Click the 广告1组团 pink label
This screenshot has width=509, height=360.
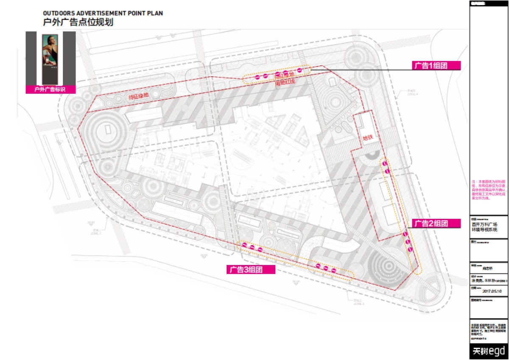pos(436,65)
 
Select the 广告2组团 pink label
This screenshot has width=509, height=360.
pos(436,223)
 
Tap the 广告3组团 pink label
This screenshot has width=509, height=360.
pos(251,269)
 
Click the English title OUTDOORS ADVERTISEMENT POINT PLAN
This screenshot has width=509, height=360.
pos(103,14)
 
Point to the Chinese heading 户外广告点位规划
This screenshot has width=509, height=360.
pos(78,22)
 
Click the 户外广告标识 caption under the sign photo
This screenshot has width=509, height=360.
pos(50,89)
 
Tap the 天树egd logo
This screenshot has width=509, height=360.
pos(489,352)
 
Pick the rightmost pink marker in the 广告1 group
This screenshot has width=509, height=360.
pos(299,70)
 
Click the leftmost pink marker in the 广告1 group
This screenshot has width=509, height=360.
pos(257,77)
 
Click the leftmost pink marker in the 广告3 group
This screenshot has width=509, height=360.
pos(244,245)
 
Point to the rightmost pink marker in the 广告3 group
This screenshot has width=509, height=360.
pos(334,270)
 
